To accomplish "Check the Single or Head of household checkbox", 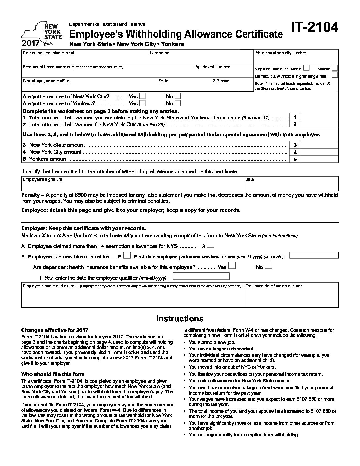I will (306, 68).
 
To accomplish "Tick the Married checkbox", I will (335, 68).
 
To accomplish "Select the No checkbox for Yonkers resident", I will (178, 103).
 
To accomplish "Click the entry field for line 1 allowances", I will (320, 117).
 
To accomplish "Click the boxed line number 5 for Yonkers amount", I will (295, 159).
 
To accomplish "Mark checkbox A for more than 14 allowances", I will (211, 245).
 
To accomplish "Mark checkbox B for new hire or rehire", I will (127, 256).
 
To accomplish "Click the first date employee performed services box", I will (314, 255).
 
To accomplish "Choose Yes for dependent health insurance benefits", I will (232, 266).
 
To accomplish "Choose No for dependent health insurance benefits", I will (269, 266).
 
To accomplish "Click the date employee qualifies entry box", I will (201, 276).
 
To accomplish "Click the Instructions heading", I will (180, 319).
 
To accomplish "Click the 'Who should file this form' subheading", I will (53, 374).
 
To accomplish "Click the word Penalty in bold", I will (30, 195).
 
